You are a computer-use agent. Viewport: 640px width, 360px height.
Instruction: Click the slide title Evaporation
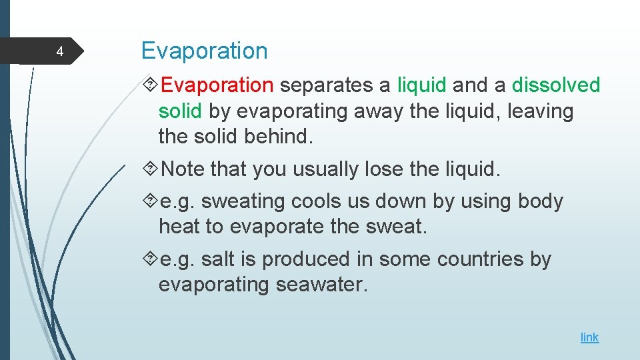[204, 51]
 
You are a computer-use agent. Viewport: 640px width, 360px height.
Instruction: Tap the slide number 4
[59, 52]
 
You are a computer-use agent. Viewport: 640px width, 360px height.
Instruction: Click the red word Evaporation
[217, 85]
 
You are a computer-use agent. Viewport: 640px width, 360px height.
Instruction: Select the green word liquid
[421, 85]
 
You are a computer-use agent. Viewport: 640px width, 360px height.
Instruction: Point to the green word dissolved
[556, 85]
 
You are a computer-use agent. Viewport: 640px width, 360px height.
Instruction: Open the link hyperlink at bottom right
[589, 337]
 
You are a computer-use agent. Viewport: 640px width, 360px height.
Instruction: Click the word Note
[183, 169]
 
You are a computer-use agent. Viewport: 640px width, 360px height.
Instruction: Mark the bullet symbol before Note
[151, 169]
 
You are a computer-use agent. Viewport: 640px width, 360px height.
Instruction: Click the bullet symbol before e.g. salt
[151, 259]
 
